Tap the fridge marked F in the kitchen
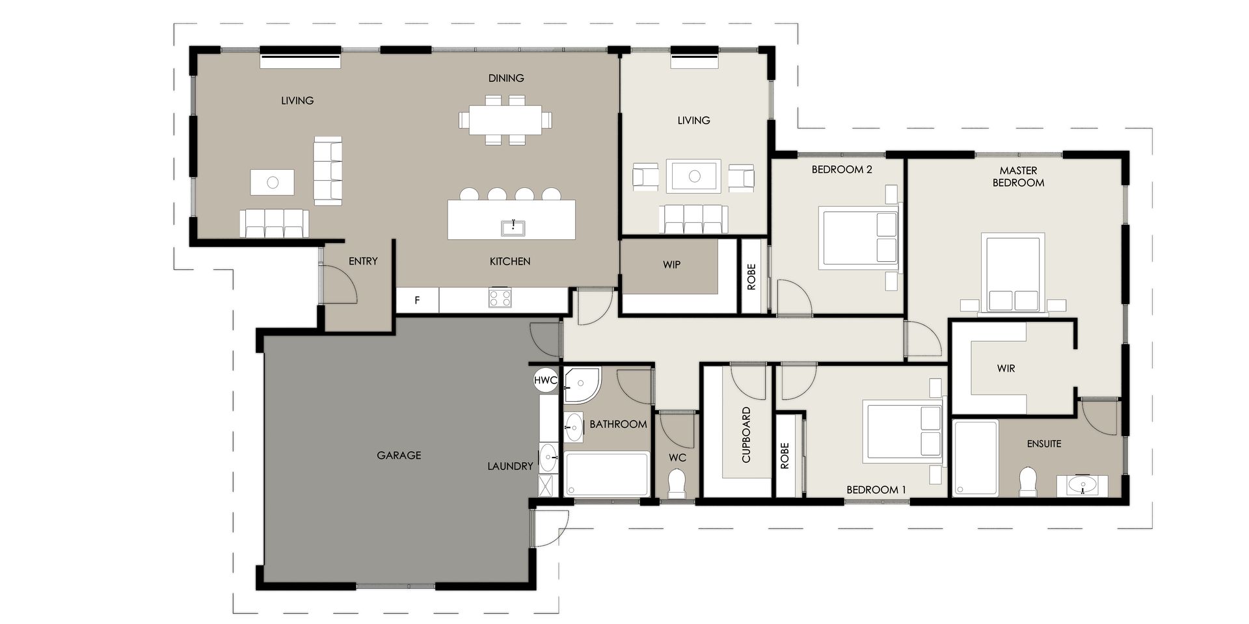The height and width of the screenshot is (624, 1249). click(x=418, y=300)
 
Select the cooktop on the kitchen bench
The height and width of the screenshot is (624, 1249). click(x=500, y=298)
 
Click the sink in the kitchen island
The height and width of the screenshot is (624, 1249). click(x=513, y=227)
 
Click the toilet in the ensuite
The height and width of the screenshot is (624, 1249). click(x=1028, y=482)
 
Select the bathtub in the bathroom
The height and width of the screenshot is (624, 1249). click(x=607, y=474)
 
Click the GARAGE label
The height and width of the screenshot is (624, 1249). click(x=399, y=456)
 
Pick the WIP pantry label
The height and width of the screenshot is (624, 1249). click(x=672, y=265)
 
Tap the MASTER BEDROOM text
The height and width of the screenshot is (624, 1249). click(x=1018, y=177)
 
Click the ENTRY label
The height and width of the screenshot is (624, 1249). click(x=363, y=261)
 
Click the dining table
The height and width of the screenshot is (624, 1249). click(x=505, y=120)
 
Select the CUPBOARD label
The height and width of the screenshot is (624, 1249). click(x=746, y=435)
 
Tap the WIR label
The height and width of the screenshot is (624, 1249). click(x=1006, y=369)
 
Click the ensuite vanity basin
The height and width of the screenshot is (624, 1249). click(x=1082, y=485)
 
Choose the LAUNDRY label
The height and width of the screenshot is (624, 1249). click(x=510, y=466)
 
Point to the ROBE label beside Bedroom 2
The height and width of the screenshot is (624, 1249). click(x=752, y=276)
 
